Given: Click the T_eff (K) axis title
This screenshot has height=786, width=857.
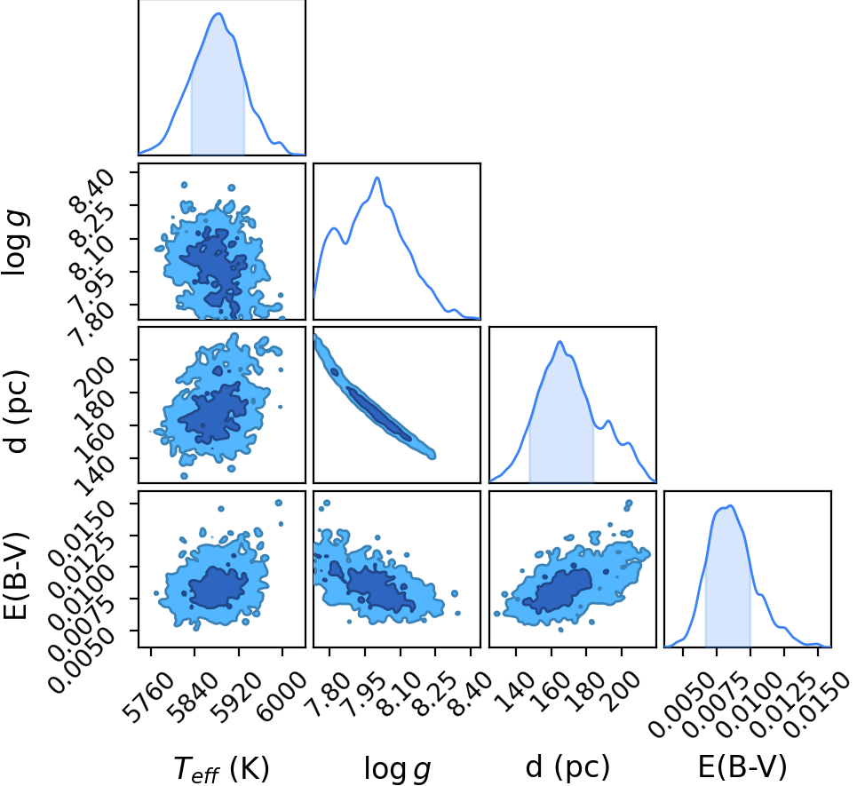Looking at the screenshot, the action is tap(221, 769).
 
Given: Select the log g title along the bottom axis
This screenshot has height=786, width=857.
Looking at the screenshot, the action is tap(397, 769).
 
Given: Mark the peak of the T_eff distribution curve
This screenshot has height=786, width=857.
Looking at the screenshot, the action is tap(218, 13).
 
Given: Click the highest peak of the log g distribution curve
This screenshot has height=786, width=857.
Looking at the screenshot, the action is tap(377, 178).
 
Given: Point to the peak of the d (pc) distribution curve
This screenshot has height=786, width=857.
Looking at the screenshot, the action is tap(559, 342).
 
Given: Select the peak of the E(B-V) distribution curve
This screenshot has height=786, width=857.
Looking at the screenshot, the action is tap(731, 505).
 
